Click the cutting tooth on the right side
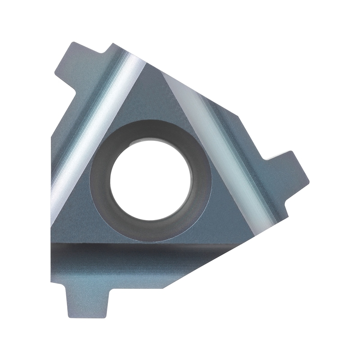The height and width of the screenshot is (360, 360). point(288,171)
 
